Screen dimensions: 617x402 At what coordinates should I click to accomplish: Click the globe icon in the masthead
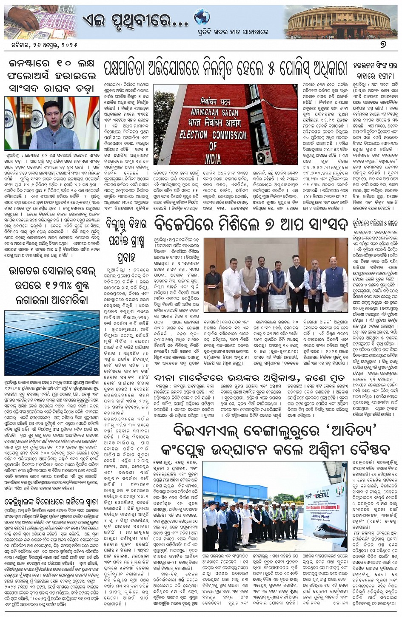tap(202, 17)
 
